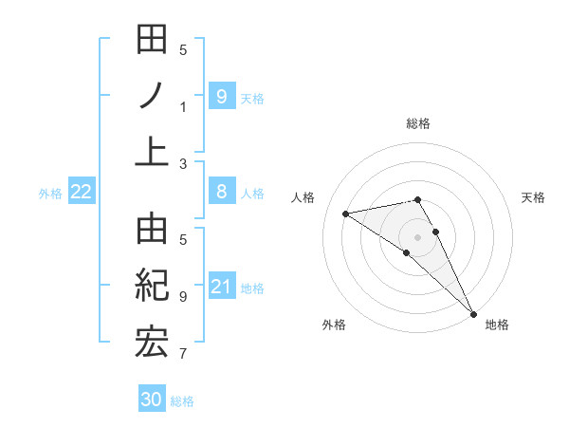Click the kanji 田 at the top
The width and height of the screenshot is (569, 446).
pos(152,42)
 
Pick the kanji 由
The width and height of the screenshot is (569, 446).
pos(152,232)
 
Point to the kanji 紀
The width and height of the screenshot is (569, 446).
pos(152,287)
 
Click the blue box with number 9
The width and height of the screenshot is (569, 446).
pos(221,96)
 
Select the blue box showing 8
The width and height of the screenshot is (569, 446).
pos(221,192)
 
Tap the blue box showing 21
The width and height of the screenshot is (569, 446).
pos(221,286)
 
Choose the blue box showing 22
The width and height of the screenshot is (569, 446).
pos(82,192)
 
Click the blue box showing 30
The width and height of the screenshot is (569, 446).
pos(152,400)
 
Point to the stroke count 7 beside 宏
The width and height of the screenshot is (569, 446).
pos(183,355)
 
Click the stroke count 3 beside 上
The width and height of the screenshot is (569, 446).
pos(183,164)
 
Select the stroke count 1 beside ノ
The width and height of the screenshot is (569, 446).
pos(183,106)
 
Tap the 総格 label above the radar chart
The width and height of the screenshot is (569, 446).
pos(417,123)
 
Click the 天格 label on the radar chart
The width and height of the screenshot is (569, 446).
pos(533,197)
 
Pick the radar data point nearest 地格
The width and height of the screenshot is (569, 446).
pos(472,312)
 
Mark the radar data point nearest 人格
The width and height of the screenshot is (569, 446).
pos(346,214)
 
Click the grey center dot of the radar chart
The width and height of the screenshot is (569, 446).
pos(417,236)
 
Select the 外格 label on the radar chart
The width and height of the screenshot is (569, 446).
pos(333,325)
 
